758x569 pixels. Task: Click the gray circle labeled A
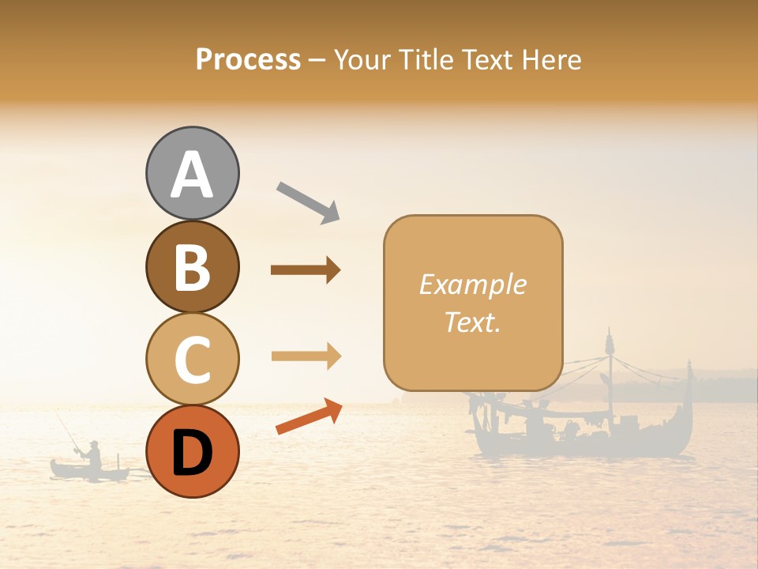(x=192, y=173)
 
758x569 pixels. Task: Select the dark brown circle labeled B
(x=192, y=266)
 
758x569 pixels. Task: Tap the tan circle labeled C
(x=192, y=360)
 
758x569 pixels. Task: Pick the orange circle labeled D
(x=192, y=452)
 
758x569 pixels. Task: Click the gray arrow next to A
(x=308, y=202)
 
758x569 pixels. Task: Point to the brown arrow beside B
(x=306, y=270)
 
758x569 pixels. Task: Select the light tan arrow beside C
(x=306, y=357)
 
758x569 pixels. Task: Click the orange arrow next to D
(x=309, y=416)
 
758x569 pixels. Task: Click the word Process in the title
(x=248, y=59)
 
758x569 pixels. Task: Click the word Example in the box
(x=472, y=284)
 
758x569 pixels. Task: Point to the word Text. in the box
(x=472, y=322)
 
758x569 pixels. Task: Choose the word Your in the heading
(x=360, y=59)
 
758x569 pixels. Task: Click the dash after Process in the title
(x=317, y=61)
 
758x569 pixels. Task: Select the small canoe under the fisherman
(x=88, y=472)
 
